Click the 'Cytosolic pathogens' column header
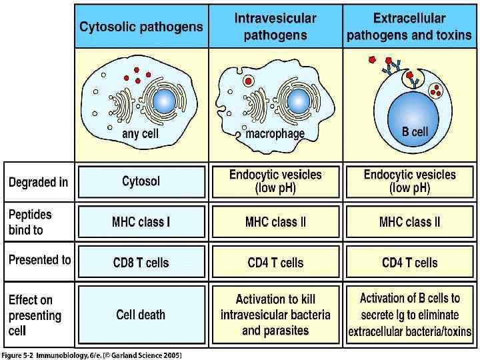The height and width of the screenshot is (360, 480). [x=141, y=27]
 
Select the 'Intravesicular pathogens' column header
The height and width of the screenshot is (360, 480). [x=275, y=26]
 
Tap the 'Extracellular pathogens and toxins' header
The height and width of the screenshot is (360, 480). [x=409, y=26]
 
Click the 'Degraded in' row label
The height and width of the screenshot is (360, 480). [x=38, y=182]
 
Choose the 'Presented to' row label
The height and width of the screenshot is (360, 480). [x=39, y=260]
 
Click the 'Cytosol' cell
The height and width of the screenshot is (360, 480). [x=141, y=181]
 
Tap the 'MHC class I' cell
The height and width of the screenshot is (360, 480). [x=141, y=222]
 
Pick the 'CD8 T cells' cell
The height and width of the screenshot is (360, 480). [x=141, y=263]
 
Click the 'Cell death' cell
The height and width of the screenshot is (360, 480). [x=141, y=315]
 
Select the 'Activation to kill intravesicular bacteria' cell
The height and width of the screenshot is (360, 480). [x=275, y=315]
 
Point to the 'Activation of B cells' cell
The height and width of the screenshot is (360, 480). [x=409, y=315]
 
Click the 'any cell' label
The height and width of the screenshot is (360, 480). [x=140, y=134]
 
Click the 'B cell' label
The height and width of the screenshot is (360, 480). [x=415, y=131]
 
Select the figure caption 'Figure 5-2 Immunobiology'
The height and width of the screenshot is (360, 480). [x=91, y=354]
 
